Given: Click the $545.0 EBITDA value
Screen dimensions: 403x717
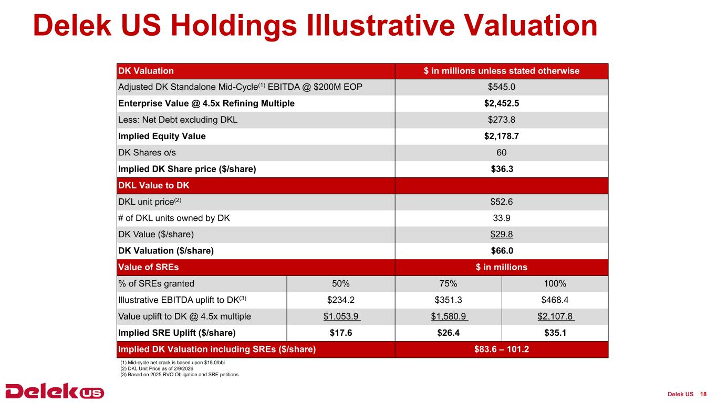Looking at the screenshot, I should pos(501,87).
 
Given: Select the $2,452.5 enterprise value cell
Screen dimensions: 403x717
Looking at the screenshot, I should pos(501,103).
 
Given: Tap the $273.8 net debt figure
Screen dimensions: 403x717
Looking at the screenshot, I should pos(501,120).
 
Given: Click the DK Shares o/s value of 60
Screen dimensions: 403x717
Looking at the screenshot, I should pos(501,153).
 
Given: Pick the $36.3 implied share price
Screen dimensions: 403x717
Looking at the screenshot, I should pos(501,169).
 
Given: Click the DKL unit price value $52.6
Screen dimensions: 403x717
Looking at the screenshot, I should pos(501,202).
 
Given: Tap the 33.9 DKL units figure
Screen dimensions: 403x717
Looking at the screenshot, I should pos(501,218).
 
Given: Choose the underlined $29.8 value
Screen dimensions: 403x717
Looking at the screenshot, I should pos(501,235).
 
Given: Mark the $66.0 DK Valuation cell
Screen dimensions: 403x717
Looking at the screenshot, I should pos(501,251).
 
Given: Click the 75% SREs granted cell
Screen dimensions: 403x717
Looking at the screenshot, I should pos(448,284).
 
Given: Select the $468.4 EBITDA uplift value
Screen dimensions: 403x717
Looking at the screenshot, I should pos(555,300).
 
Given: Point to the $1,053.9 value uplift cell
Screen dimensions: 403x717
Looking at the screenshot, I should pos(341,316).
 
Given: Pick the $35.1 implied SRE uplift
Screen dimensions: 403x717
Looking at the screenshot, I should pos(555,333).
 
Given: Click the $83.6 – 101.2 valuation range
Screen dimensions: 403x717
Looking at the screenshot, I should pos(501,349).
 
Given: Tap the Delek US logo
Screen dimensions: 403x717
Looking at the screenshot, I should pos(55,392).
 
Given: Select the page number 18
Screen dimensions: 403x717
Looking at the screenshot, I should pos(704,394).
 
